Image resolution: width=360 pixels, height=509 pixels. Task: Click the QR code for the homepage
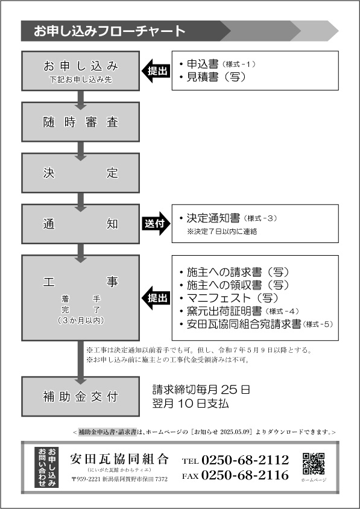[x=313, y=463]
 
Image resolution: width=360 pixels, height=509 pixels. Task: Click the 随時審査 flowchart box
[x=81, y=122]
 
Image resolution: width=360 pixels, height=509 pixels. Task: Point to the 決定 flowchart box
[x=81, y=172]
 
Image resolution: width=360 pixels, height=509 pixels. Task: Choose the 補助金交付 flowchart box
[x=81, y=397]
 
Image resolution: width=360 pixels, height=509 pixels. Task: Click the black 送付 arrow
[x=156, y=224]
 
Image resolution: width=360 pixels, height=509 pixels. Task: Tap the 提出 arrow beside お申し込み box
[x=156, y=71]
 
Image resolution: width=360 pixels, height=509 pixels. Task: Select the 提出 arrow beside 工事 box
[x=156, y=298]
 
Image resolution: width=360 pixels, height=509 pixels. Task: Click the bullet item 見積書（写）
[x=213, y=77]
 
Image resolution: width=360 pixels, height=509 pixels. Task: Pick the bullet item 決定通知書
[x=228, y=218]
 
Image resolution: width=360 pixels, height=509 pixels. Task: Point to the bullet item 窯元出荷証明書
[x=239, y=311]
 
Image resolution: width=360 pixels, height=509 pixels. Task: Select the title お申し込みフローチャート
[x=110, y=31]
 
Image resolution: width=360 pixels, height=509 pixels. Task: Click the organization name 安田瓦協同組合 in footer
[x=119, y=459]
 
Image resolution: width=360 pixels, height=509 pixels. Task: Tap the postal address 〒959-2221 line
[x=119, y=479]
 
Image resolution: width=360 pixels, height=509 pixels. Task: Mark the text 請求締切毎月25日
[x=201, y=389]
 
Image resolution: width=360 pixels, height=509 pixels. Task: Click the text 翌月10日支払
[x=191, y=403]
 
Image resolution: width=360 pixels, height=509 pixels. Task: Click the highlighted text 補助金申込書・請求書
[x=108, y=432]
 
